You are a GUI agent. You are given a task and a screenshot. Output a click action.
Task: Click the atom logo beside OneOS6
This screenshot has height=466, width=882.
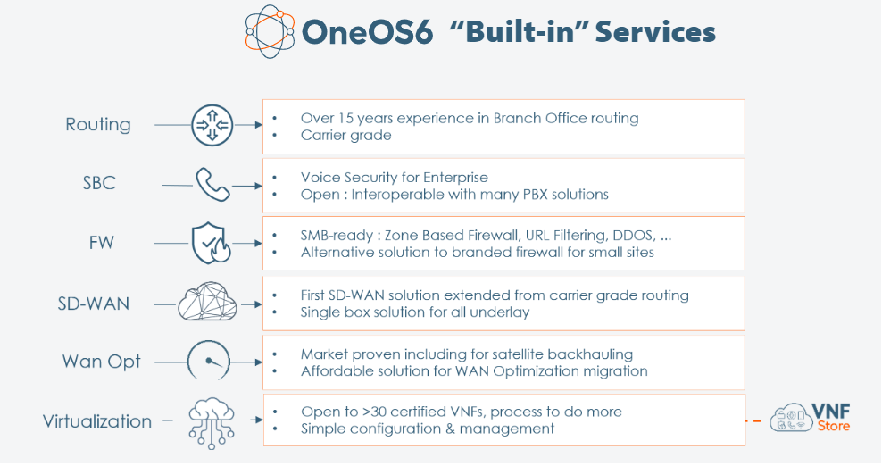(x=270, y=31)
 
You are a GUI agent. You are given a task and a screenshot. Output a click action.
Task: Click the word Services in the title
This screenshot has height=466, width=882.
(x=655, y=31)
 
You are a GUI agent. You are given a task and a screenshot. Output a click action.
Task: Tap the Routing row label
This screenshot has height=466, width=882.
(x=98, y=124)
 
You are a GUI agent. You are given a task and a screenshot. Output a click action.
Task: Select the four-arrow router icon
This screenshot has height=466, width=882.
(x=212, y=125)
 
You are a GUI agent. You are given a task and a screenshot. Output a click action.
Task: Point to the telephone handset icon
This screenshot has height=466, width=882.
(x=212, y=184)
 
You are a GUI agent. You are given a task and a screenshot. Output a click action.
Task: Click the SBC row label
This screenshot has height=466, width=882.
(x=99, y=183)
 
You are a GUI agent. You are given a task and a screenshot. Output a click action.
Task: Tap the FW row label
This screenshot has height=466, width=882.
(x=101, y=243)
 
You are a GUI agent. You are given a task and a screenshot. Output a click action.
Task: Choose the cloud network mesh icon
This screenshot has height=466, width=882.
(x=208, y=302)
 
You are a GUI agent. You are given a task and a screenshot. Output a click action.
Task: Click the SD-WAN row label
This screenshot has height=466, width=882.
(x=94, y=304)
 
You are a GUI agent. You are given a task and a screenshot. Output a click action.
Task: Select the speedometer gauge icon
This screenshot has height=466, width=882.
(x=209, y=360)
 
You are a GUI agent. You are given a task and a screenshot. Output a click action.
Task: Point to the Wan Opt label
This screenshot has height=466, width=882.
(x=101, y=362)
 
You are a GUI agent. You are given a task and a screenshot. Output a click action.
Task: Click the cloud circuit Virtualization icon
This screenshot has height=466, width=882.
(x=212, y=423)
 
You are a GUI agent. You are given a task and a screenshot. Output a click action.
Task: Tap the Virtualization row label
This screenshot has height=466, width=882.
(x=97, y=421)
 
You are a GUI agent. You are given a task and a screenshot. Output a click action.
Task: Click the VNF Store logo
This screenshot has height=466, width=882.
(x=810, y=418)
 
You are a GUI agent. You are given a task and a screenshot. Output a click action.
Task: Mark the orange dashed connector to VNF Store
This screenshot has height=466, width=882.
(x=753, y=420)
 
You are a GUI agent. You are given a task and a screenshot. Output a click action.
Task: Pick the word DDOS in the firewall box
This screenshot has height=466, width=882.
(x=633, y=236)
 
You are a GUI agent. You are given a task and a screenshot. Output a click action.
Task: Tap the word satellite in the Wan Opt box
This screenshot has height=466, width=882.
(x=518, y=354)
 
